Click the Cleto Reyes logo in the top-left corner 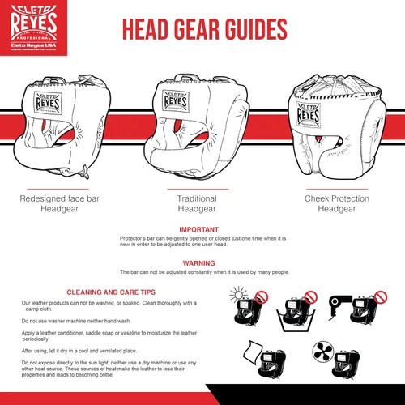(32, 30)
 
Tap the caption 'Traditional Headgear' (197, 203)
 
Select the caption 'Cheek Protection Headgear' (337, 203)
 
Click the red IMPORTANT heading (198, 230)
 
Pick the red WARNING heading (198, 262)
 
